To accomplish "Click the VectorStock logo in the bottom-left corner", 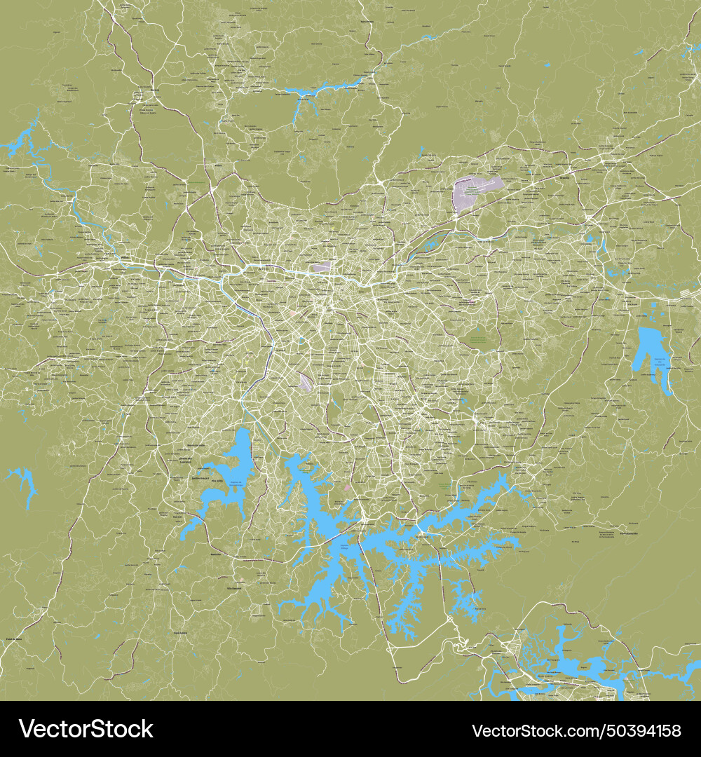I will point(86,729).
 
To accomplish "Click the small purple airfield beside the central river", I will point(322,266).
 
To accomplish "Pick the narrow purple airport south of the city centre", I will point(306,383).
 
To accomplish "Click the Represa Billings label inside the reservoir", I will point(343,547).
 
